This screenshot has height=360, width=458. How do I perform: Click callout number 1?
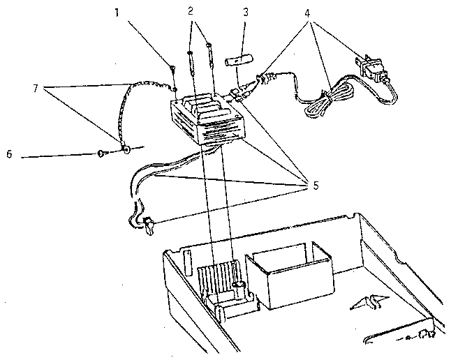[x=117, y=13]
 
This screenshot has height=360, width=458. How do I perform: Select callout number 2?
[x=191, y=11]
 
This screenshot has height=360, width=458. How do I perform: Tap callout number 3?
[x=246, y=13]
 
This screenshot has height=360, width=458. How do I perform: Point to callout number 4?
[x=307, y=13]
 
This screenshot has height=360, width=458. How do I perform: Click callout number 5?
[x=315, y=186]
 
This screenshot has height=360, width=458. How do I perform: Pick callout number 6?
[x=9, y=154]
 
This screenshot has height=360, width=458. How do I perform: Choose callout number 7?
[x=36, y=88]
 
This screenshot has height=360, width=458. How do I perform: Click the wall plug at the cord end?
[x=371, y=70]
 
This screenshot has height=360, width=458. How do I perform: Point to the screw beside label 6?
[x=102, y=153]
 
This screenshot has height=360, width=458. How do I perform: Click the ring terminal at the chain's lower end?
[x=126, y=150]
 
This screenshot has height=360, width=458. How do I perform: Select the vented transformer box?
[x=208, y=118]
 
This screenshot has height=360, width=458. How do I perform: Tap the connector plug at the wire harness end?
[x=149, y=225]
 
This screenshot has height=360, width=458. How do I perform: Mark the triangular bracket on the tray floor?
[x=369, y=303]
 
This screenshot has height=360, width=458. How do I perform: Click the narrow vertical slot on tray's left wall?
[x=188, y=262]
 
